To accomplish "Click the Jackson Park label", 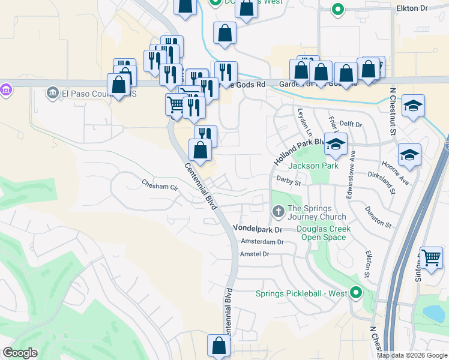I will [313, 166].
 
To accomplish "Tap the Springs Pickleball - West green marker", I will [357, 293].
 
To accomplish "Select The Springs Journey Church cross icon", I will [278, 211].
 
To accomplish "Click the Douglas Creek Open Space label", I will [324, 233].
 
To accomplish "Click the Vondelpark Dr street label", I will [257, 229].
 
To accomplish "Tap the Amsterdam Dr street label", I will [261, 241].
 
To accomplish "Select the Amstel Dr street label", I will [255, 254].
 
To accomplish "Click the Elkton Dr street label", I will [411, 8].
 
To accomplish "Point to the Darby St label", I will [288, 178].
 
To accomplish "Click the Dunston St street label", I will [379, 216].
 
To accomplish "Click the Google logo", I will [20, 353].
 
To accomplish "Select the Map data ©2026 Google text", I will [412, 355].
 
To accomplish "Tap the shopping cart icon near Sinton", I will [432, 258].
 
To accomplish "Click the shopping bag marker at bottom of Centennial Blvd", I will [218, 346].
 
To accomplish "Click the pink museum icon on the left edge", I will [6, 91].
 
